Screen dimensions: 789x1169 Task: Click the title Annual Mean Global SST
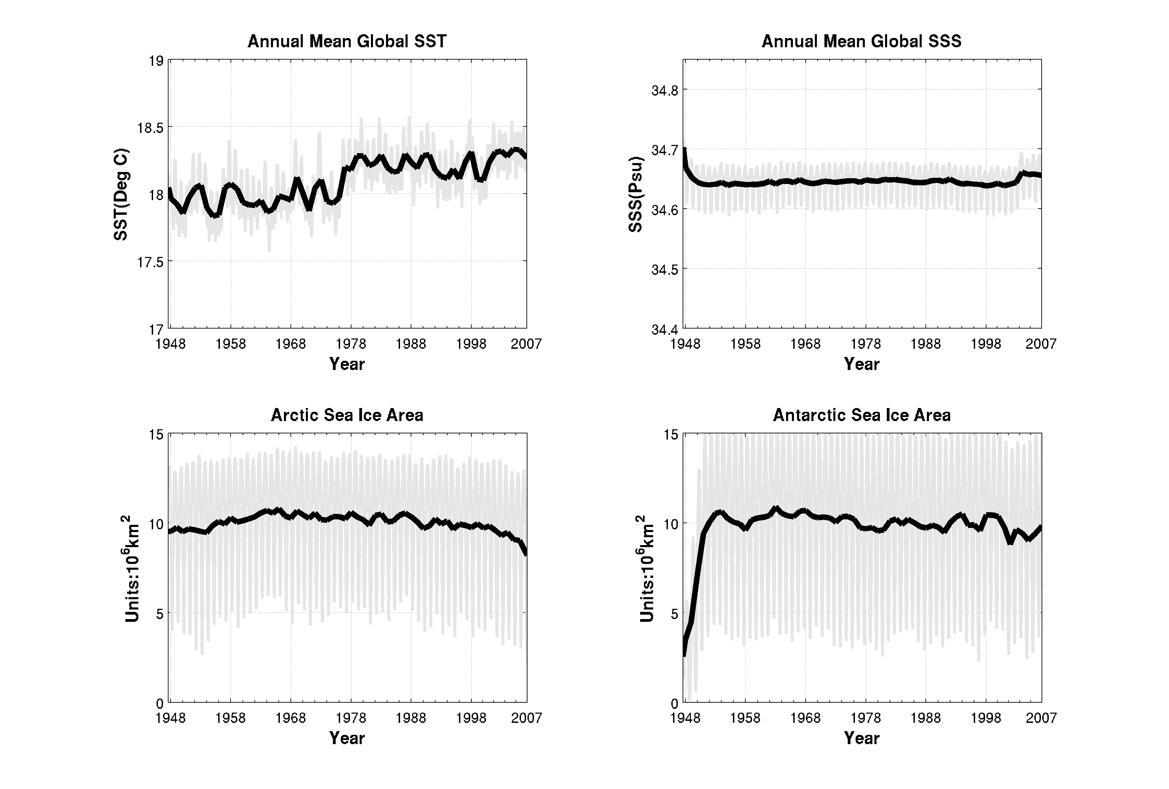347,41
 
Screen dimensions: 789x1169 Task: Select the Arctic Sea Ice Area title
347,415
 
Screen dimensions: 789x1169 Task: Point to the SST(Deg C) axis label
121,194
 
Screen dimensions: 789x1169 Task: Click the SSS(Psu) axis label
636,194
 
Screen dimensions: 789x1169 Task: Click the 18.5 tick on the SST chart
150,127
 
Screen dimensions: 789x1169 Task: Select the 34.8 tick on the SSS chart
665,90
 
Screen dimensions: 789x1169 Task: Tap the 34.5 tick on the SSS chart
665,270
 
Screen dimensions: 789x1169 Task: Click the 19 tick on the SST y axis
156,61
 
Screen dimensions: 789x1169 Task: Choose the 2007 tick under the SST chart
526,344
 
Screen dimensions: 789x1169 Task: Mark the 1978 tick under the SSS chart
866,344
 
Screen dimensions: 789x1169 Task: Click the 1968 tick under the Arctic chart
291,718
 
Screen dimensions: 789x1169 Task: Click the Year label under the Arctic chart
347,738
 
